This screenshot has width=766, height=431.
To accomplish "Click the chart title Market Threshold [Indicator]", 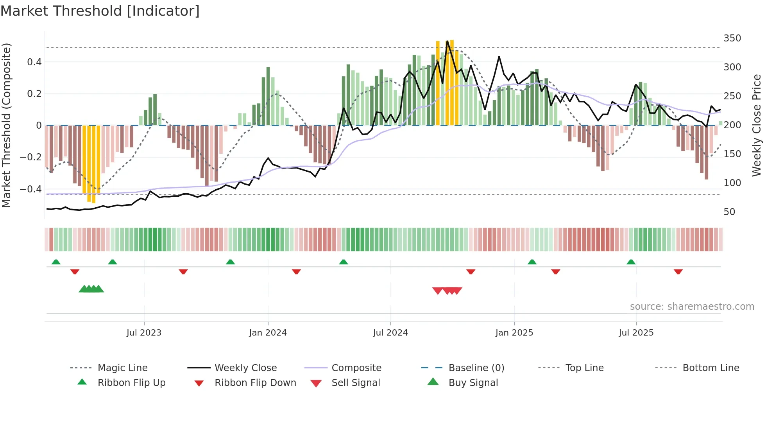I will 100,11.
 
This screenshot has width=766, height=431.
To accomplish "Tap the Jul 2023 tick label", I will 144,333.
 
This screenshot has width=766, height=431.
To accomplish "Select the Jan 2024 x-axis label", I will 268,333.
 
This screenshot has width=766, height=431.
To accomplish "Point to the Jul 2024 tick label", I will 390,333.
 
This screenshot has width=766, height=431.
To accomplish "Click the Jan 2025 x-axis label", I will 514,333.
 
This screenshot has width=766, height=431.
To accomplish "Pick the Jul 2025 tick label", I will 636,333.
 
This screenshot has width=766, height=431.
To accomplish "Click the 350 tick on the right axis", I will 732,38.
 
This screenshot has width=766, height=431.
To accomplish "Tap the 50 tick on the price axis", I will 729,212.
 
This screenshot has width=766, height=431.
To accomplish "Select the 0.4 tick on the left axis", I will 34,62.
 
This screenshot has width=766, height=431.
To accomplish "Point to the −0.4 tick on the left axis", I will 31,189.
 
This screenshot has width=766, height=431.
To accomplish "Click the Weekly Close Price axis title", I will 757,125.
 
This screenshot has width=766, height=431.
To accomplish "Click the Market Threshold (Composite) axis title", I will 6,125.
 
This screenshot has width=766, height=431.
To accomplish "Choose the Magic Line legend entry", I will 122,368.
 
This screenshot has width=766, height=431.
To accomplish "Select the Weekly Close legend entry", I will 245,368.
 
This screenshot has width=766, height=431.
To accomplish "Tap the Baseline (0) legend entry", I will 476,368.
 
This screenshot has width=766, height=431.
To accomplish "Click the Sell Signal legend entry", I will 355,383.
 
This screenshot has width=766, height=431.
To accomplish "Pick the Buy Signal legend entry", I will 473,383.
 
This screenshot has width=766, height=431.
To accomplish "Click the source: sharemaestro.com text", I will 692,307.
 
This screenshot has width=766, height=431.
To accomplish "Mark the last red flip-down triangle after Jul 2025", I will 678,271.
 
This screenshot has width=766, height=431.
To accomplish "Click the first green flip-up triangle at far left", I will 56,262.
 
